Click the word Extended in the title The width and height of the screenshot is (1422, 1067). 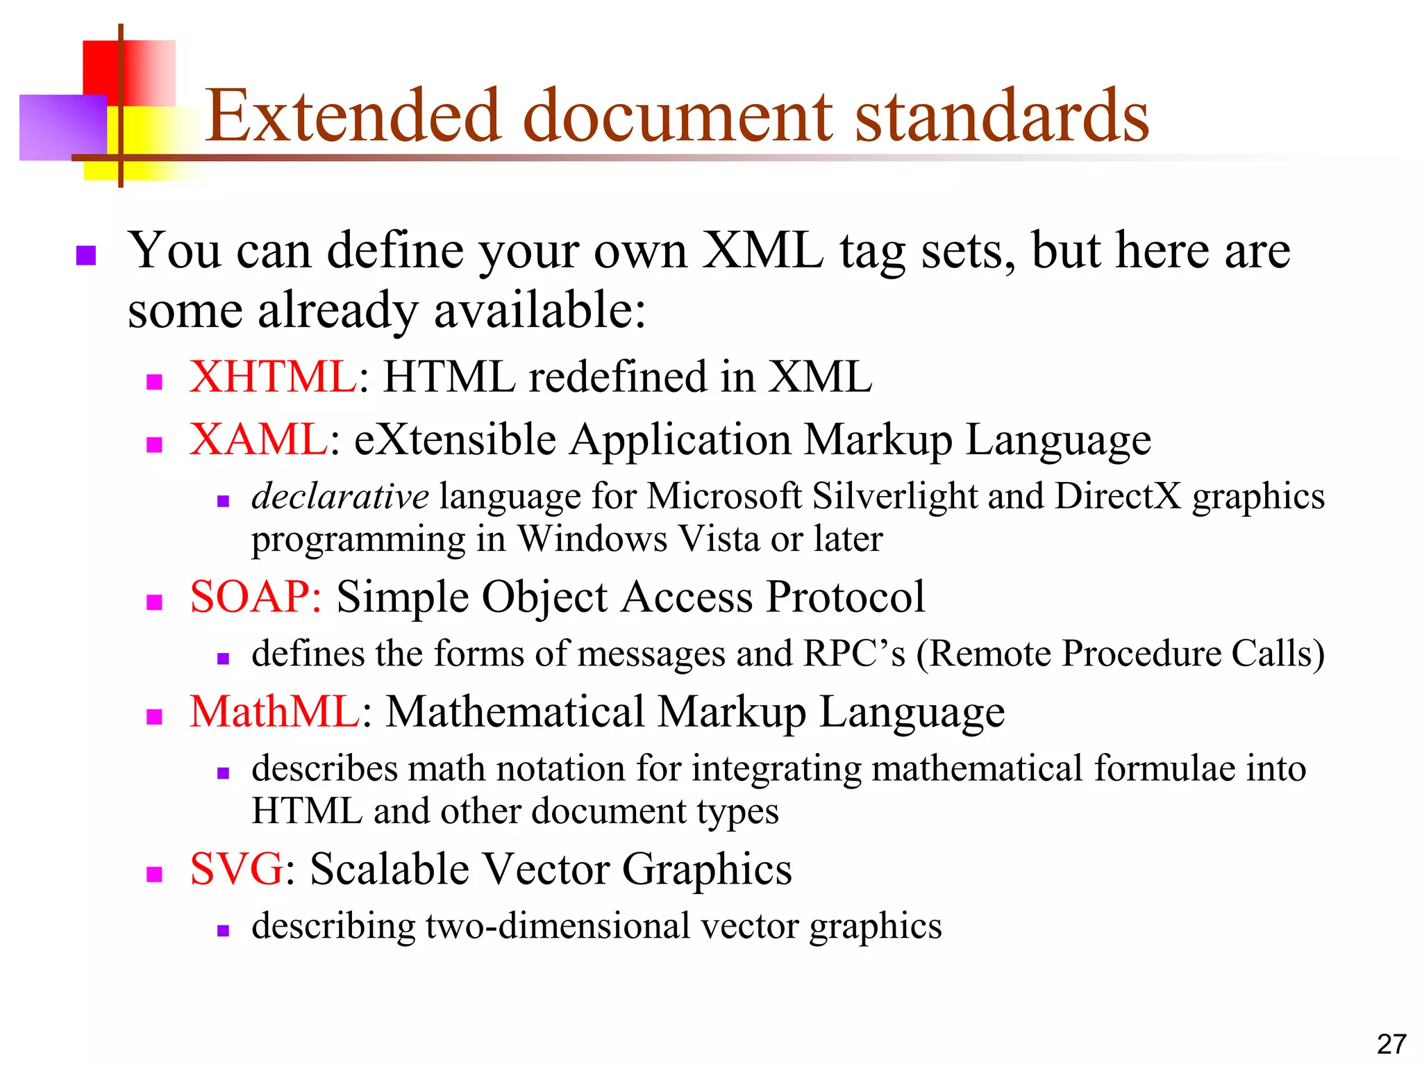coord(353,116)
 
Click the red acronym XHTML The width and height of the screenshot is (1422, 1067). coord(274,377)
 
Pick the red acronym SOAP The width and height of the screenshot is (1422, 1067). coord(256,597)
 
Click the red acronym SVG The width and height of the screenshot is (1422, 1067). coord(237,869)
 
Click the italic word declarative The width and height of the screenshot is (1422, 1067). coord(340,497)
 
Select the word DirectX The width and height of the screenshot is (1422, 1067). coord(1118,497)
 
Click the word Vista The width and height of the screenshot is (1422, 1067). coord(718,539)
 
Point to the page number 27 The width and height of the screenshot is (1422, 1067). coord(1391,1044)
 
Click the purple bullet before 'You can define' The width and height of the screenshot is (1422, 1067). coord(85,256)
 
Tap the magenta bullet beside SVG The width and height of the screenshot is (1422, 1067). coord(154,874)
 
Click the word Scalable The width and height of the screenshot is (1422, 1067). coord(390,869)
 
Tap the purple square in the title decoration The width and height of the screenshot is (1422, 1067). coord(62,128)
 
